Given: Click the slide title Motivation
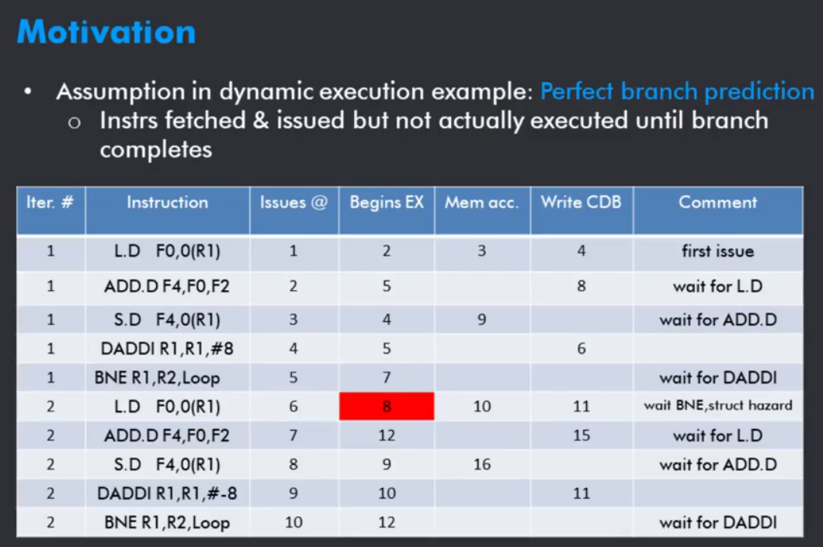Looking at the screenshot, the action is [106, 32].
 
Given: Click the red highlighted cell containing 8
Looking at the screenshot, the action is [387, 406].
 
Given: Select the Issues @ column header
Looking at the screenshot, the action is [293, 203].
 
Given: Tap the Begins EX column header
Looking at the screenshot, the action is [387, 203].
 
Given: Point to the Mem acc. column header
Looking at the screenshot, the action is [482, 203].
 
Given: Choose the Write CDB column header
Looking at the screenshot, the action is [581, 203].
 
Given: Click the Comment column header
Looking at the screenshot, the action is [717, 203].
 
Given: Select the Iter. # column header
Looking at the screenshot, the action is [50, 203].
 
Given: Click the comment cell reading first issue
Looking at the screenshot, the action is [717, 251].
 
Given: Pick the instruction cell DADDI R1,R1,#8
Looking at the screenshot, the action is [167, 348].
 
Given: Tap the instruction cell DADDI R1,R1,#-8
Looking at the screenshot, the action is [167, 493].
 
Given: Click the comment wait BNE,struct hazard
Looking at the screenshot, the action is [717, 405].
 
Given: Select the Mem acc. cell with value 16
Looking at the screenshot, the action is [482, 464].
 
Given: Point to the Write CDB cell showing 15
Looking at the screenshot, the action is [581, 435].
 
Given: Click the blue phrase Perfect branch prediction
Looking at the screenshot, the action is [677, 92].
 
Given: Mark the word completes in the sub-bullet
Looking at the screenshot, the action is [156, 151].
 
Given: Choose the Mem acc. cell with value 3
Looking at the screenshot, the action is [482, 251].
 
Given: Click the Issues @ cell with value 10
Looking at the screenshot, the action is [293, 522].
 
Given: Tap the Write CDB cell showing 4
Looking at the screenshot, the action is [581, 251].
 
